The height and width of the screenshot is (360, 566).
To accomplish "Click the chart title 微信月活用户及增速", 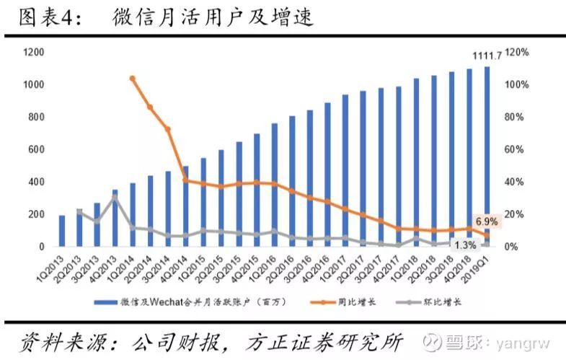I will click(213, 18).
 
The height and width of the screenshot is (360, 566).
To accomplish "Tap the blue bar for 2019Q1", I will click(487, 157).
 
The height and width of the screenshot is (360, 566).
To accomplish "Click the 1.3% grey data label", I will click(466, 245).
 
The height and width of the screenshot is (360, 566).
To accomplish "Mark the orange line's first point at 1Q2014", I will click(132, 78).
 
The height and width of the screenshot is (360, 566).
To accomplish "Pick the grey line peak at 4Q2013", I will click(114, 196).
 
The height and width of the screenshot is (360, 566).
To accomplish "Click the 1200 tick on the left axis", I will click(34, 53).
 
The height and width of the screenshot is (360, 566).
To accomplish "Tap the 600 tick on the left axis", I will click(36, 149).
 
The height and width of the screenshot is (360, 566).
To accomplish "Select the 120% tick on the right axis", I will click(517, 53).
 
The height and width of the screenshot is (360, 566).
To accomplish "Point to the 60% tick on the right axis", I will click(515, 149).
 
